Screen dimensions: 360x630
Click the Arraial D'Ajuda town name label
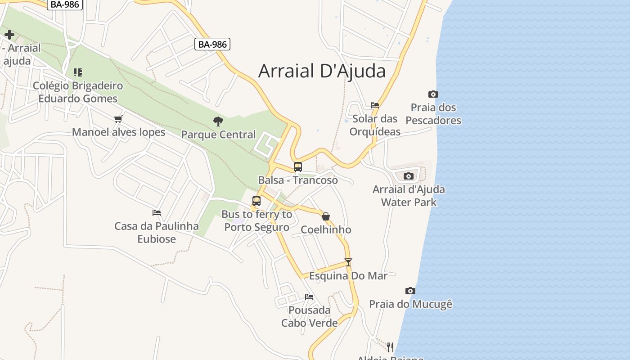(322, 71)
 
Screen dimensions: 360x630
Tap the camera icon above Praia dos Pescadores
(433, 94)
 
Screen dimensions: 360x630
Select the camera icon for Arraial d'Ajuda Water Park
(408, 176)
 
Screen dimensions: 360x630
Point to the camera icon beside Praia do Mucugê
(410, 291)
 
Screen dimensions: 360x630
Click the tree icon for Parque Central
(218, 121)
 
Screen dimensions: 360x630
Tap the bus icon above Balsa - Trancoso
(297, 166)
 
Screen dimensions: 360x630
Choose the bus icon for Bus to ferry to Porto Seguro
(256, 201)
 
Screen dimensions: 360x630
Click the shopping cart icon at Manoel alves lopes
(118, 119)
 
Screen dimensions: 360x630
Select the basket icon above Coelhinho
(326, 216)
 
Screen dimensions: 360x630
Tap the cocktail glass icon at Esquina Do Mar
(348, 262)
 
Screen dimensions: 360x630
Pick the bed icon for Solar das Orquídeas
(375, 105)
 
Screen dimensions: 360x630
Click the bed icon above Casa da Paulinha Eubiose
(157, 212)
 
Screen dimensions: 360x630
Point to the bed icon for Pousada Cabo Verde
(309, 297)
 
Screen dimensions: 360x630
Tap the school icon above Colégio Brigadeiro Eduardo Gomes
(77, 72)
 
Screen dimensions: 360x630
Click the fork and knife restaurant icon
(390, 347)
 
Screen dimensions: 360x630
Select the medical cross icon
(9, 35)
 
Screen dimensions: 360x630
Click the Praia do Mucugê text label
(410, 304)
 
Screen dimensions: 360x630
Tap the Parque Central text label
(218, 135)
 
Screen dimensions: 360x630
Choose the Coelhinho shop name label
(326, 229)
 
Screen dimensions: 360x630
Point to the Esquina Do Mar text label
(348, 275)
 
